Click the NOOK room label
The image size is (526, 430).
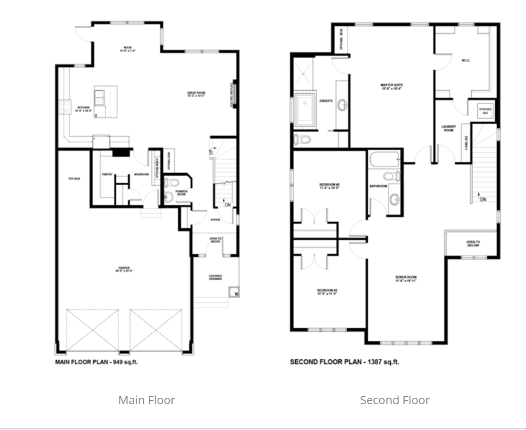click(128, 49)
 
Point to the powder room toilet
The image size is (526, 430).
click(172, 183)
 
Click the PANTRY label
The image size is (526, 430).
click(106, 174)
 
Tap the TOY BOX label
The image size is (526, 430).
click(73, 179)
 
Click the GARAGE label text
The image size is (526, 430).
click(124, 268)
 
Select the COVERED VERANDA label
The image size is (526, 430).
click(215, 278)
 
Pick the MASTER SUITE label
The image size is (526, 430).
click(390, 87)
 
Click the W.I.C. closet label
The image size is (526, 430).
click(466, 60)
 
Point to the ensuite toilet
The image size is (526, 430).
click(303, 139)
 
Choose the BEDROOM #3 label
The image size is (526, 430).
click(326, 292)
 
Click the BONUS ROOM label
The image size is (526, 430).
click(406, 280)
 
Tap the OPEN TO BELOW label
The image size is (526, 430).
click(473, 244)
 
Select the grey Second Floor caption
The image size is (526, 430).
click(395, 400)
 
